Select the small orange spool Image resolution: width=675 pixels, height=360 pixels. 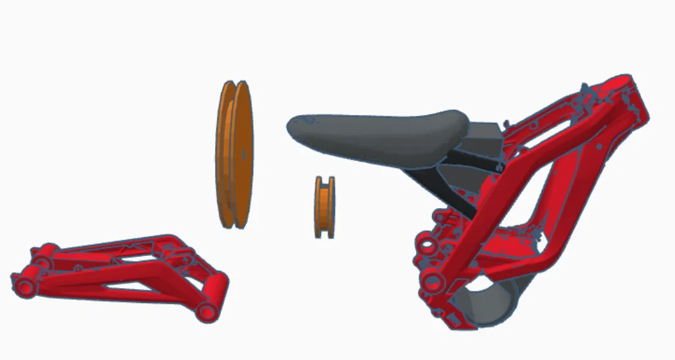point(326,207)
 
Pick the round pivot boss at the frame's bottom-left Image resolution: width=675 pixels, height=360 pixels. point(431,280)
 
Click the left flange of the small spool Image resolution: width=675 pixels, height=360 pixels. point(318,207)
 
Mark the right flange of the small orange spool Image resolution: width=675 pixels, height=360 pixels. point(332,207)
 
